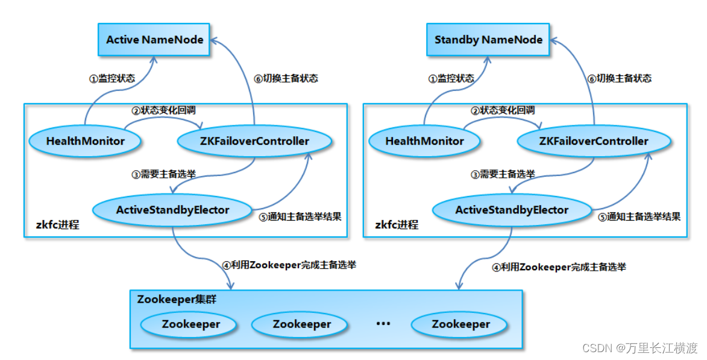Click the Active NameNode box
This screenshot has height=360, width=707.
coord(155,40)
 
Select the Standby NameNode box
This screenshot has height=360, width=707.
coord(488,40)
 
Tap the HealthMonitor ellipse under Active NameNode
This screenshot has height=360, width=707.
coord(85,141)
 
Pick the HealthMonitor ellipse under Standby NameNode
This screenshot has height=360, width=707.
coord(424,141)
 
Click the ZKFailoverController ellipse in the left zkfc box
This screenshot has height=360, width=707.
coord(254,141)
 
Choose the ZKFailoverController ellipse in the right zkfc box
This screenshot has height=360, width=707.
coord(593,141)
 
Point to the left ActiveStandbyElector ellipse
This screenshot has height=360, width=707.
coord(172,210)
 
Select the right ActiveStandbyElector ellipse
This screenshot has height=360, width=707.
coord(512,210)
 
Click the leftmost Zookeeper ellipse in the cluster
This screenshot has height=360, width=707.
coord(190,324)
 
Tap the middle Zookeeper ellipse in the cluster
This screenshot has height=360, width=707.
coord(301,324)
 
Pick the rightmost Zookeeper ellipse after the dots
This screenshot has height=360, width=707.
coord(460,324)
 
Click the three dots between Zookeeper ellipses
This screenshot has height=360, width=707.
coord(383,324)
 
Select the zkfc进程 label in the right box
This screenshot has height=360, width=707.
coord(397,225)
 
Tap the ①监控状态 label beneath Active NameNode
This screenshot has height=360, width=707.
coord(112,78)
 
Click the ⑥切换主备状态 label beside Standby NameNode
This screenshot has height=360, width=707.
coord(619,78)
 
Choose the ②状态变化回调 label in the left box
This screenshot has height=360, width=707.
coord(163,110)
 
